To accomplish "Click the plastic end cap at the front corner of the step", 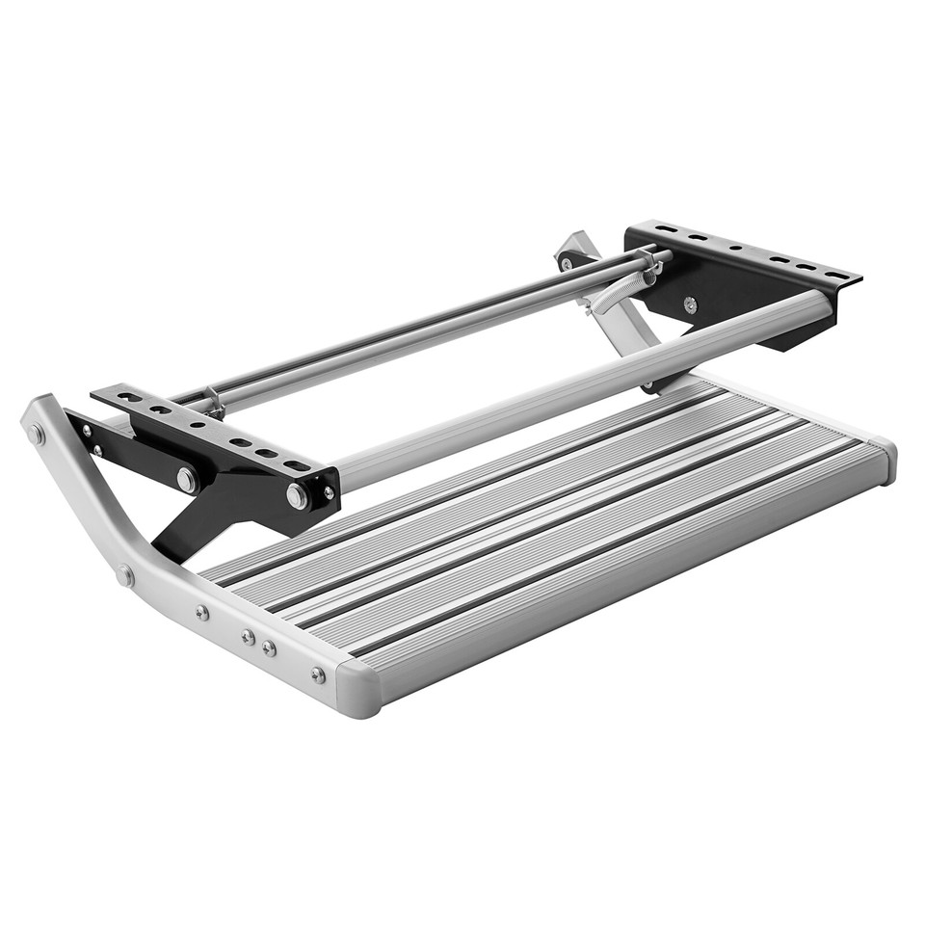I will (x=358, y=688).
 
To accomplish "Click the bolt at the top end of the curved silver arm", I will (x=38, y=434).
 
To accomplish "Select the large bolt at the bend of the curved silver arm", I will (x=125, y=575).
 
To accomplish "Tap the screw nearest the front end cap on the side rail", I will (x=318, y=674).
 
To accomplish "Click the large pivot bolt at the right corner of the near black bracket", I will (x=298, y=496).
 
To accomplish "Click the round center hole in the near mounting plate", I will (x=198, y=423).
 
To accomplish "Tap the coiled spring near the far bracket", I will (x=617, y=289).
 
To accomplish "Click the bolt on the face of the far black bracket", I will (x=690, y=304).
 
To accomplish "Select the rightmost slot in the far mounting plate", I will (x=834, y=276).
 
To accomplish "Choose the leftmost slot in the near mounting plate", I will (x=106, y=394).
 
